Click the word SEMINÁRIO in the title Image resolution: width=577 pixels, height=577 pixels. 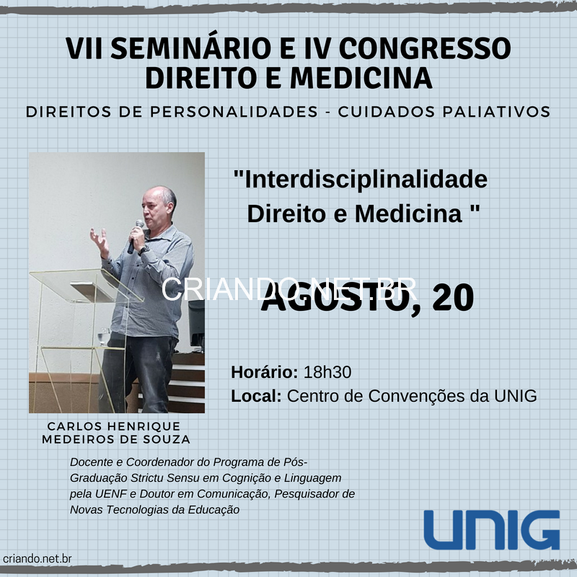pyautogui.click(x=191, y=48)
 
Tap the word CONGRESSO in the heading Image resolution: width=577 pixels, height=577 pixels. pyautogui.click(x=425, y=48)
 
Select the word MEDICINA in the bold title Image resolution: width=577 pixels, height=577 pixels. pyautogui.click(x=361, y=78)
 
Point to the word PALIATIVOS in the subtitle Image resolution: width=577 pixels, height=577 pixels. pyautogui.click(x=496, y=112)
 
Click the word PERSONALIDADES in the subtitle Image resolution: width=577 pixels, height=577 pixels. pyautogui.click(x=234, y=112)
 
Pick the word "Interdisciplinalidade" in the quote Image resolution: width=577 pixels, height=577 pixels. pyautogui.click(x=361, y=179)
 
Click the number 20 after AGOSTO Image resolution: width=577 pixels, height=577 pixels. pyautogui.click(x=453, y=298)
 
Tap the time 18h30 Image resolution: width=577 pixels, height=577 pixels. pyautogui.click(x=327, y=372)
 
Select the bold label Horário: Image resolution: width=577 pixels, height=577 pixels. pyautogui.click(x=265, y=372)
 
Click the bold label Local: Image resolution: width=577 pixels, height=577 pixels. pyautogui.click(x=256, y=396)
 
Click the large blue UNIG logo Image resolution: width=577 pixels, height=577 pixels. pyautogui.click(x=492, y=530)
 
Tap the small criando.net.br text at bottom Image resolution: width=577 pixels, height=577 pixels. pyautogui.click(x=38, y=558)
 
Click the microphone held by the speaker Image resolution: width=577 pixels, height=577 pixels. pyautogui.click(x=136, y=237)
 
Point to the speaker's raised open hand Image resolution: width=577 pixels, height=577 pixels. pyautogui.click(x=100, y=242)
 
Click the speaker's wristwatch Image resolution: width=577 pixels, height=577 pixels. pyautogui.click(x=144, y=250)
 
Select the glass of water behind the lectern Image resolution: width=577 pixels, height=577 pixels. pyautogui.click(x=105, y=337)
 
